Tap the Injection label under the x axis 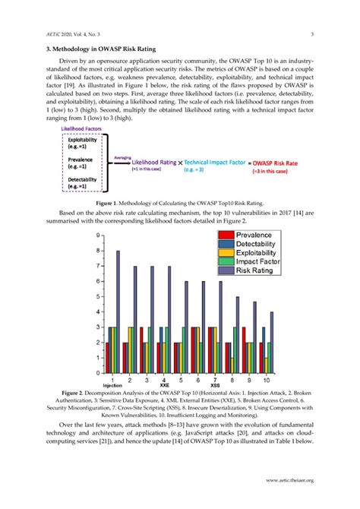112,385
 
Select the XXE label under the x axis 164,385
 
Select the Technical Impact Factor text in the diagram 217,163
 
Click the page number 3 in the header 312,33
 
